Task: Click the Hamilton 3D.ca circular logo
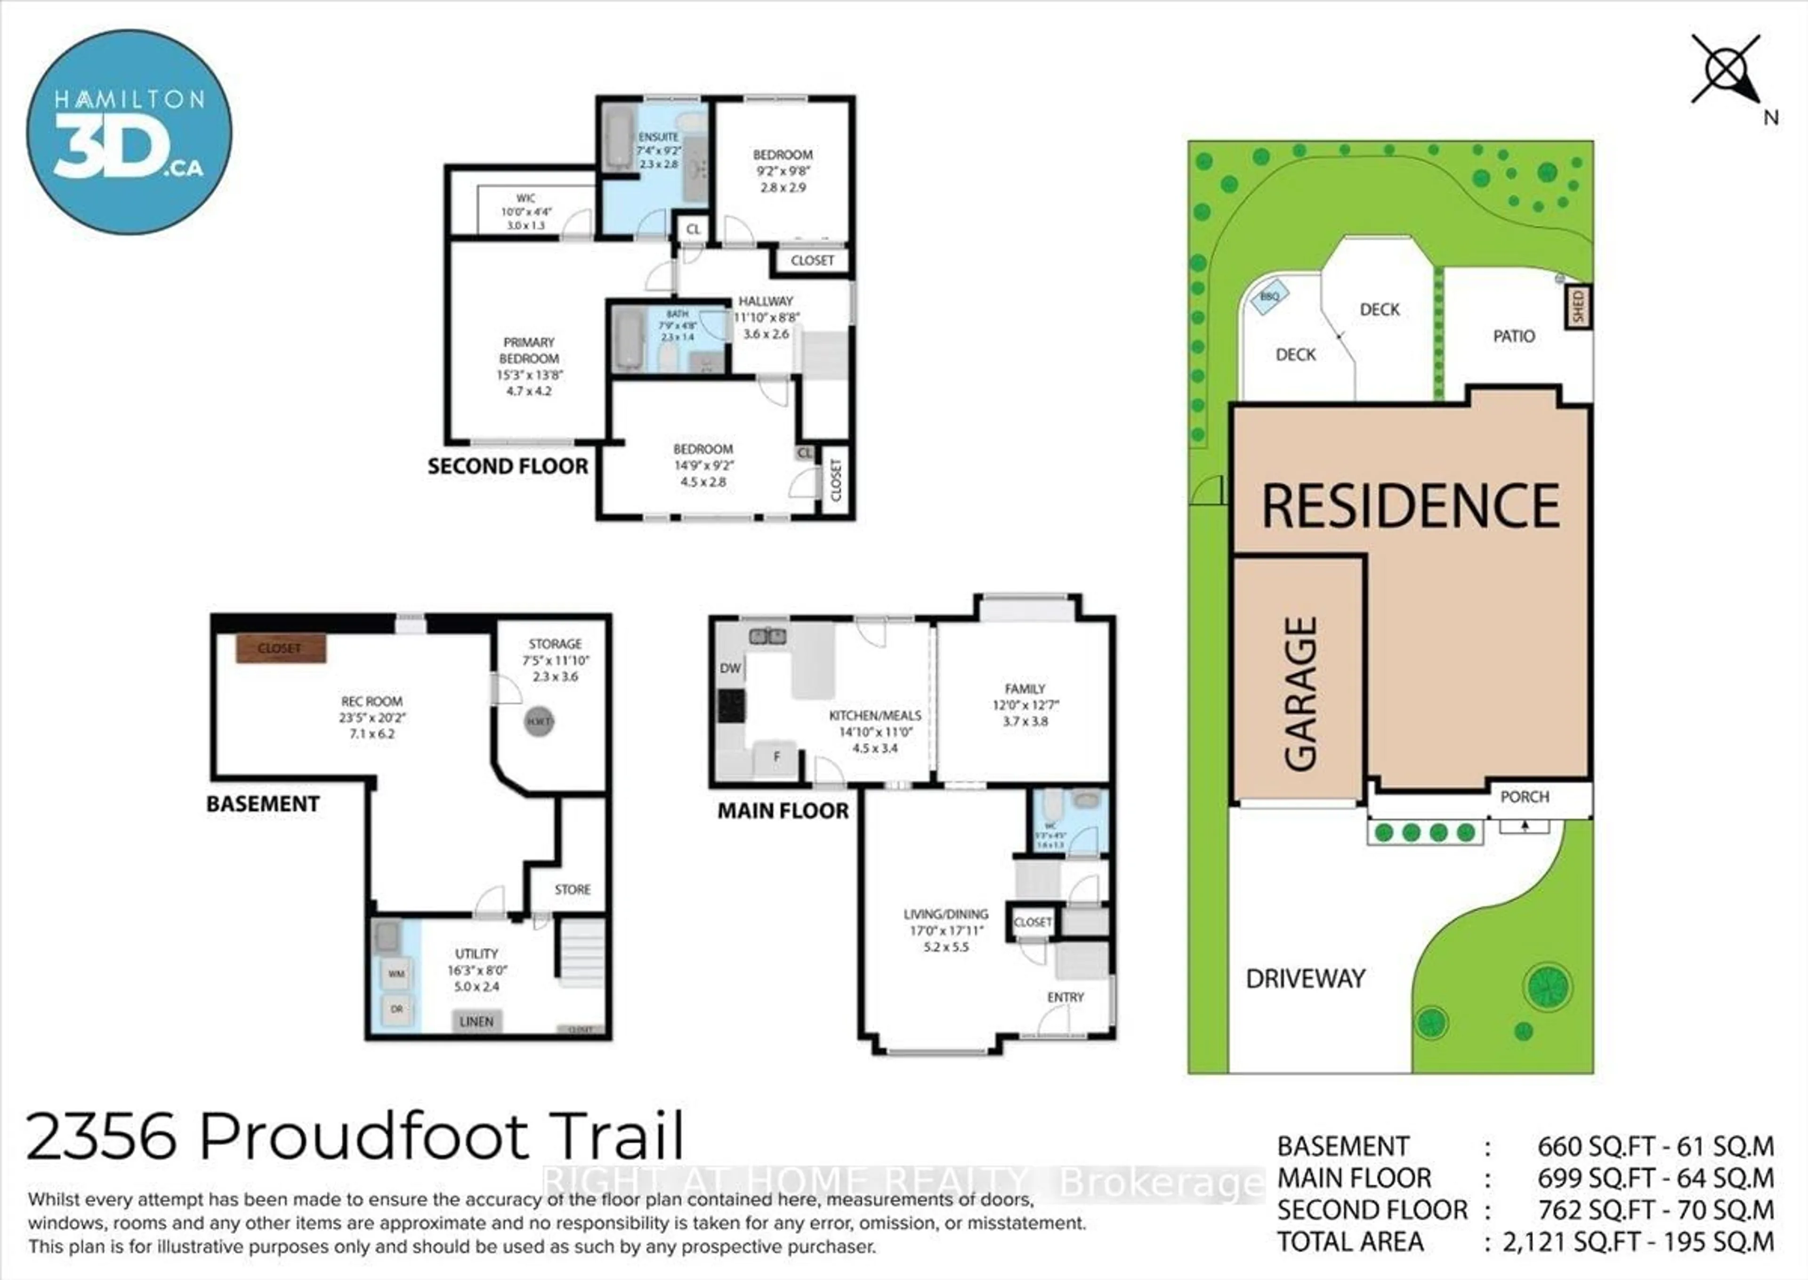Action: [129, 132]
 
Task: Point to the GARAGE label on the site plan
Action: [1300, 693]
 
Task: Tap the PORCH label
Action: [1525, 797]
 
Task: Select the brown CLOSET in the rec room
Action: [281, 649]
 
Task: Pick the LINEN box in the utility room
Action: [476, 1021]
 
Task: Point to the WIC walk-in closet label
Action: [525, 199]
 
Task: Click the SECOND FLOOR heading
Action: [508, 466]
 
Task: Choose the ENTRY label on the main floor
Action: [1065, 997]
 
